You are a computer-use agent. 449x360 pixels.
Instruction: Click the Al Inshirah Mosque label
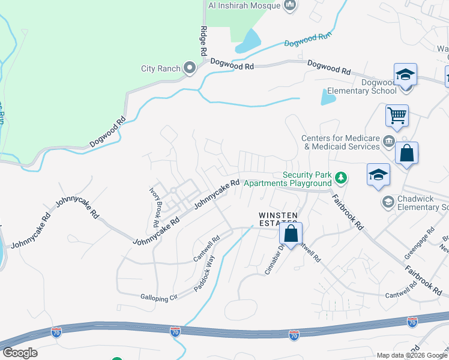(x=244, y=5)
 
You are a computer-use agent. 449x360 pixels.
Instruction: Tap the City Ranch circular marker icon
(x=190, y=68)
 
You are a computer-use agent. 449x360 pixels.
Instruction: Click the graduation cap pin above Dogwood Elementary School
(x=405, y=76)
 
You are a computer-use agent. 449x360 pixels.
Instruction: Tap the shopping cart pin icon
(x=397, y=115)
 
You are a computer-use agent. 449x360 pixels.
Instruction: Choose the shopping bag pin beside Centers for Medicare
(x=406, y=153)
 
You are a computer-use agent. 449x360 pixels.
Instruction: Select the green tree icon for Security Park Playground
(x=340, y=178)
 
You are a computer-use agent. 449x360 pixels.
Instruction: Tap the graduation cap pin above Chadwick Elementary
(x=378, y=175)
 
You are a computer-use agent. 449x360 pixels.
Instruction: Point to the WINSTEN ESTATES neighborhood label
(x=278, y=219)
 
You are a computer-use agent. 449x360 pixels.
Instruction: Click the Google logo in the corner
(x=20, y=353)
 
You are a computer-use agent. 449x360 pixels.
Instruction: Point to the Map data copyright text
(x=412, y=355)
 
